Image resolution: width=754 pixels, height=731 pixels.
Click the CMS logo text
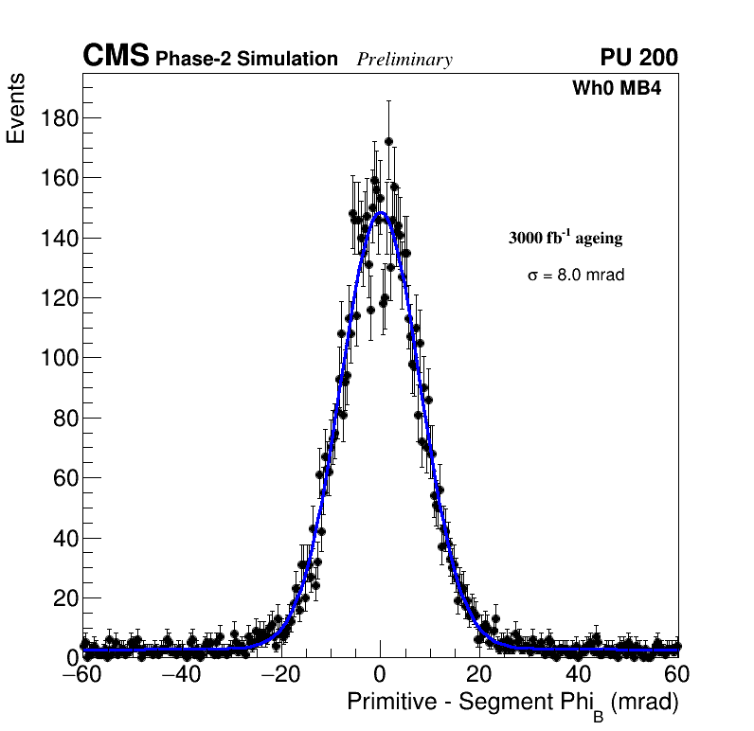click(x=116, y=57)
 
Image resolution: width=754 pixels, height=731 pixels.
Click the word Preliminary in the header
click(x=404, y=60)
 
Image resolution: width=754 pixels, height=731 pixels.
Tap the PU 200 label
click(x=638, y=58)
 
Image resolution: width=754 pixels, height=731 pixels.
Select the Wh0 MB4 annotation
click(x=616, y=89)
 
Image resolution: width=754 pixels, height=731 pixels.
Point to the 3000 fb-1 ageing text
click(x=565, y=238)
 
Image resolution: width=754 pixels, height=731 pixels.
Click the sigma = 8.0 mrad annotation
click(x=576, y=276)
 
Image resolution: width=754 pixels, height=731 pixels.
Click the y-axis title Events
click(x=16, y=109)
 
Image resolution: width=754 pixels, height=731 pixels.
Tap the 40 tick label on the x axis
click(x=579, y=675)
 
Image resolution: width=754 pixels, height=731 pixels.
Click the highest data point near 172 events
click(x=388, y=142)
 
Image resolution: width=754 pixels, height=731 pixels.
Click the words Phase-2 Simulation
click(x=246, y=60)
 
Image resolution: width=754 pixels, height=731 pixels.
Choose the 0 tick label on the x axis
click(x=380, y=675)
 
